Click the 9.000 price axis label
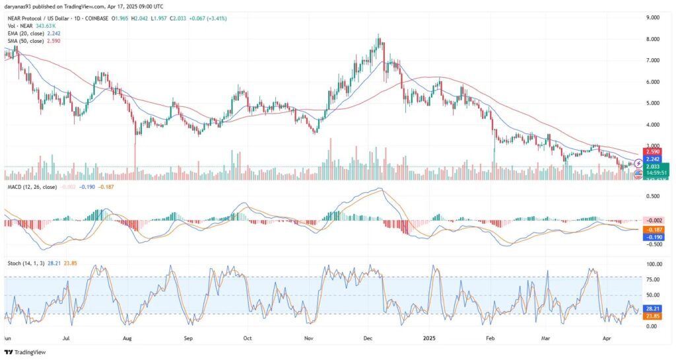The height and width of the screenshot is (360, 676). tap(654, 18)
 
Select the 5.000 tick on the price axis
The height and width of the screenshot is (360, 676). tap(654, 103)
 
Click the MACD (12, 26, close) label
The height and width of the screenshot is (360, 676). tap(31, 188)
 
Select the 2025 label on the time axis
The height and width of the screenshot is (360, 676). tap(429, 337)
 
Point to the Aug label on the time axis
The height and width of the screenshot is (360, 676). tap(128, 337)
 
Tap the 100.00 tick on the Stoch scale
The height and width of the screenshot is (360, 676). tap(654, 264)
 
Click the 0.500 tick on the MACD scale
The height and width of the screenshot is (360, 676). tap(654, 196)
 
